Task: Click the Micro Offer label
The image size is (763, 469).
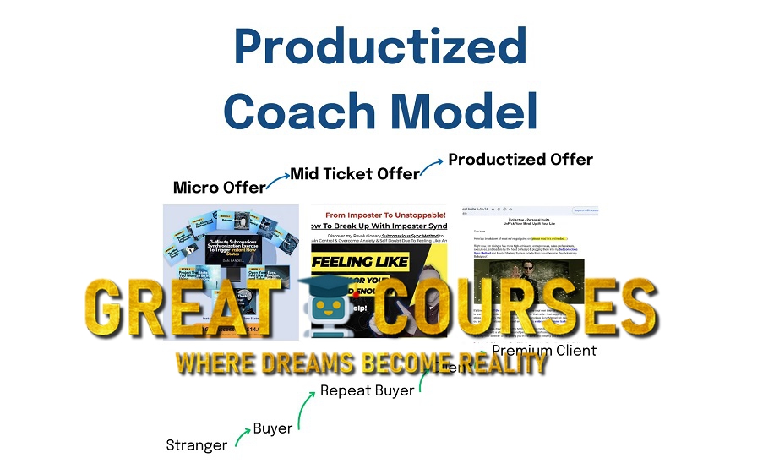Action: [x=219, y=187]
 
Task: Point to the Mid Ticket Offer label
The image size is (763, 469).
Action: [x=355, y=174]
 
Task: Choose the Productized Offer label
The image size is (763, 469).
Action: [x=520, y=159]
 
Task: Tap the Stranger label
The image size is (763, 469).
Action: [x=196, y=444]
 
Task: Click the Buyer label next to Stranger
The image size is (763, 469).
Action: [x=273, y=428]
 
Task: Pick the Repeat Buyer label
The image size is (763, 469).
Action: [x=367, y=390]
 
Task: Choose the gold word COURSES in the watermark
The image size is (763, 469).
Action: [x=516, y=310]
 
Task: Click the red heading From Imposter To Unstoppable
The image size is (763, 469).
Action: [x=379, y=215]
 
